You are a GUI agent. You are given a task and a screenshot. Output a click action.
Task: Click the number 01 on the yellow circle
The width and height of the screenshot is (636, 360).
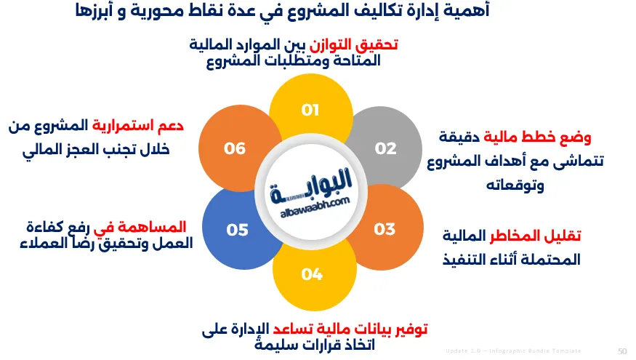[311, 110]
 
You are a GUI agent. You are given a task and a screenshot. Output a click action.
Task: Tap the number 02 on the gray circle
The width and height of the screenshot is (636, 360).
[386, 148]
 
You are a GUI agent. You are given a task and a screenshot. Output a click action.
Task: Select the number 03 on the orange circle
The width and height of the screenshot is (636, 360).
[385, 229]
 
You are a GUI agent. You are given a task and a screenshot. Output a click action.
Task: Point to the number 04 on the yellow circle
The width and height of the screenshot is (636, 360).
[312, 273]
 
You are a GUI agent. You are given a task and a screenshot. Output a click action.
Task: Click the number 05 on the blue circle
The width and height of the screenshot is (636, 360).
[238, 230]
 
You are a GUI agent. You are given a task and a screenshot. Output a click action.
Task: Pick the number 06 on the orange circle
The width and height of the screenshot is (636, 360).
[235, 148]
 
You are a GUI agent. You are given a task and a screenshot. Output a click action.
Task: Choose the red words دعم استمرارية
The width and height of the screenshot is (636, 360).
[137, 125]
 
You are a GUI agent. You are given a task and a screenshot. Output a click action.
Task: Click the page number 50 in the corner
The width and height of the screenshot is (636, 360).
[622, 351]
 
